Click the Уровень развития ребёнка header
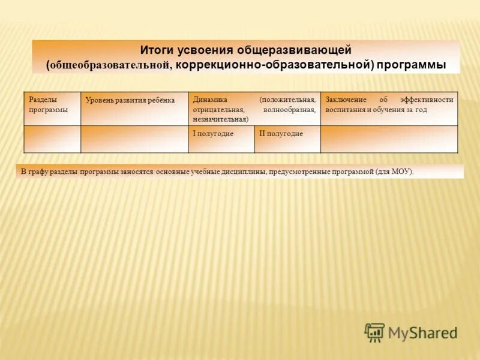pyautogui.click(x=130, y=100)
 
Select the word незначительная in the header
pyautogui.click(x=220, y=119)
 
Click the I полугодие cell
pyautogui.click(x=213, y=133)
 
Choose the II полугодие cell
pyautogui.click(x=281, y=133)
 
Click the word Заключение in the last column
pyautogui.click(x=346, y=100)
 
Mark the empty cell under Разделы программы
pyautogui.click(x=52, y=139)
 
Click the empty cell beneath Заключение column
pyautogui.click(x=389, y=139)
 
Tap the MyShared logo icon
pyautogui.click(x=374, y=332)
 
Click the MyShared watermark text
pyautogui.click(x=422, y=332)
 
